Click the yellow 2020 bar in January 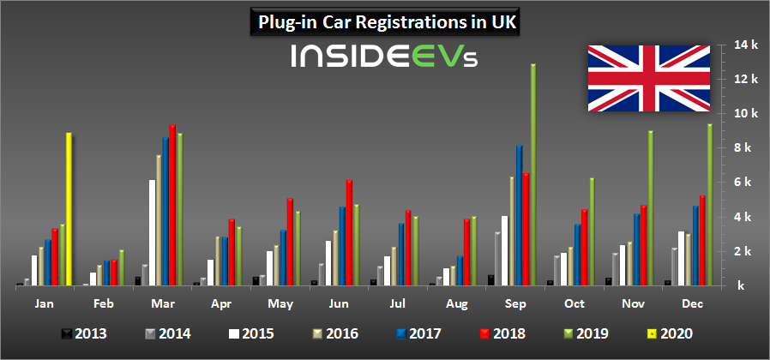pyautogui.click(x=69, y=209)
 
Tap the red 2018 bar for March pyautogui.click(x=172, y=205)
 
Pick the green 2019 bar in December pyautogui.click(x=708, y=205)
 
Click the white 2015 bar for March pyautogui.click(x=153, y=232)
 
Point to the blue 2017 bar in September pyautogui.click(x=519, y=215)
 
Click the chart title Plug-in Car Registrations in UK pyautogui.click(x=385, y=21)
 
